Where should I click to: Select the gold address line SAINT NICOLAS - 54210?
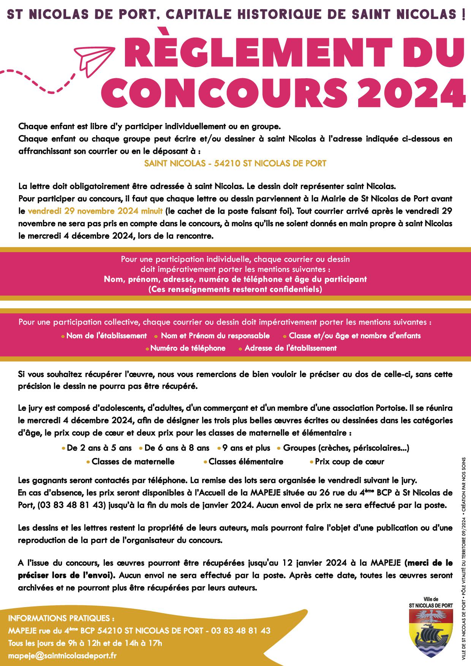(x=235, y=164)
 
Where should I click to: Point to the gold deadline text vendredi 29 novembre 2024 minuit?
(x=95, y=211)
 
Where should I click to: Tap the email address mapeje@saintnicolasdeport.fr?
(x=62, y=655)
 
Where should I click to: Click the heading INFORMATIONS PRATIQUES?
(x=61, y=618)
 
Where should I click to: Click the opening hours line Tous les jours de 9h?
(x=85, y=643)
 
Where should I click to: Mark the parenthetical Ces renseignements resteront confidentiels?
(x=235, y=289)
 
